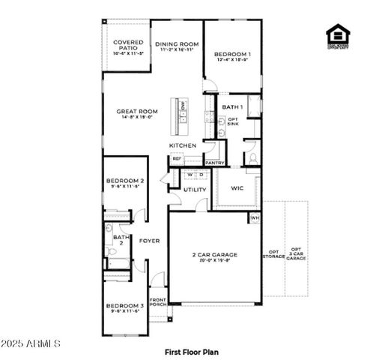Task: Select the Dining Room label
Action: pos(177,45)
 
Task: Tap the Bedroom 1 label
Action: pos(232,55)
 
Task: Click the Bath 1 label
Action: pos(232,107)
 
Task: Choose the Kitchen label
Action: pos(183,145)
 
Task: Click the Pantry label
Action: pos(215,162)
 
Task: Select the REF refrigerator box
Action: pos(177,158)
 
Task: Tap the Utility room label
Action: pos(195,190)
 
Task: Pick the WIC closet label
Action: pos(237,187)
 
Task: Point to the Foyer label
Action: pos(150,241)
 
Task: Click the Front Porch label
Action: pos(158,301)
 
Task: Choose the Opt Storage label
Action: pos(273,253)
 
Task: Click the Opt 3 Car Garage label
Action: pos(297,253)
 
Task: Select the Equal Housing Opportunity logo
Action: pos(337,37)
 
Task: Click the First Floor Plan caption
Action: pos(191,350)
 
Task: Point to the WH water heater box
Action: pos(254,217)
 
